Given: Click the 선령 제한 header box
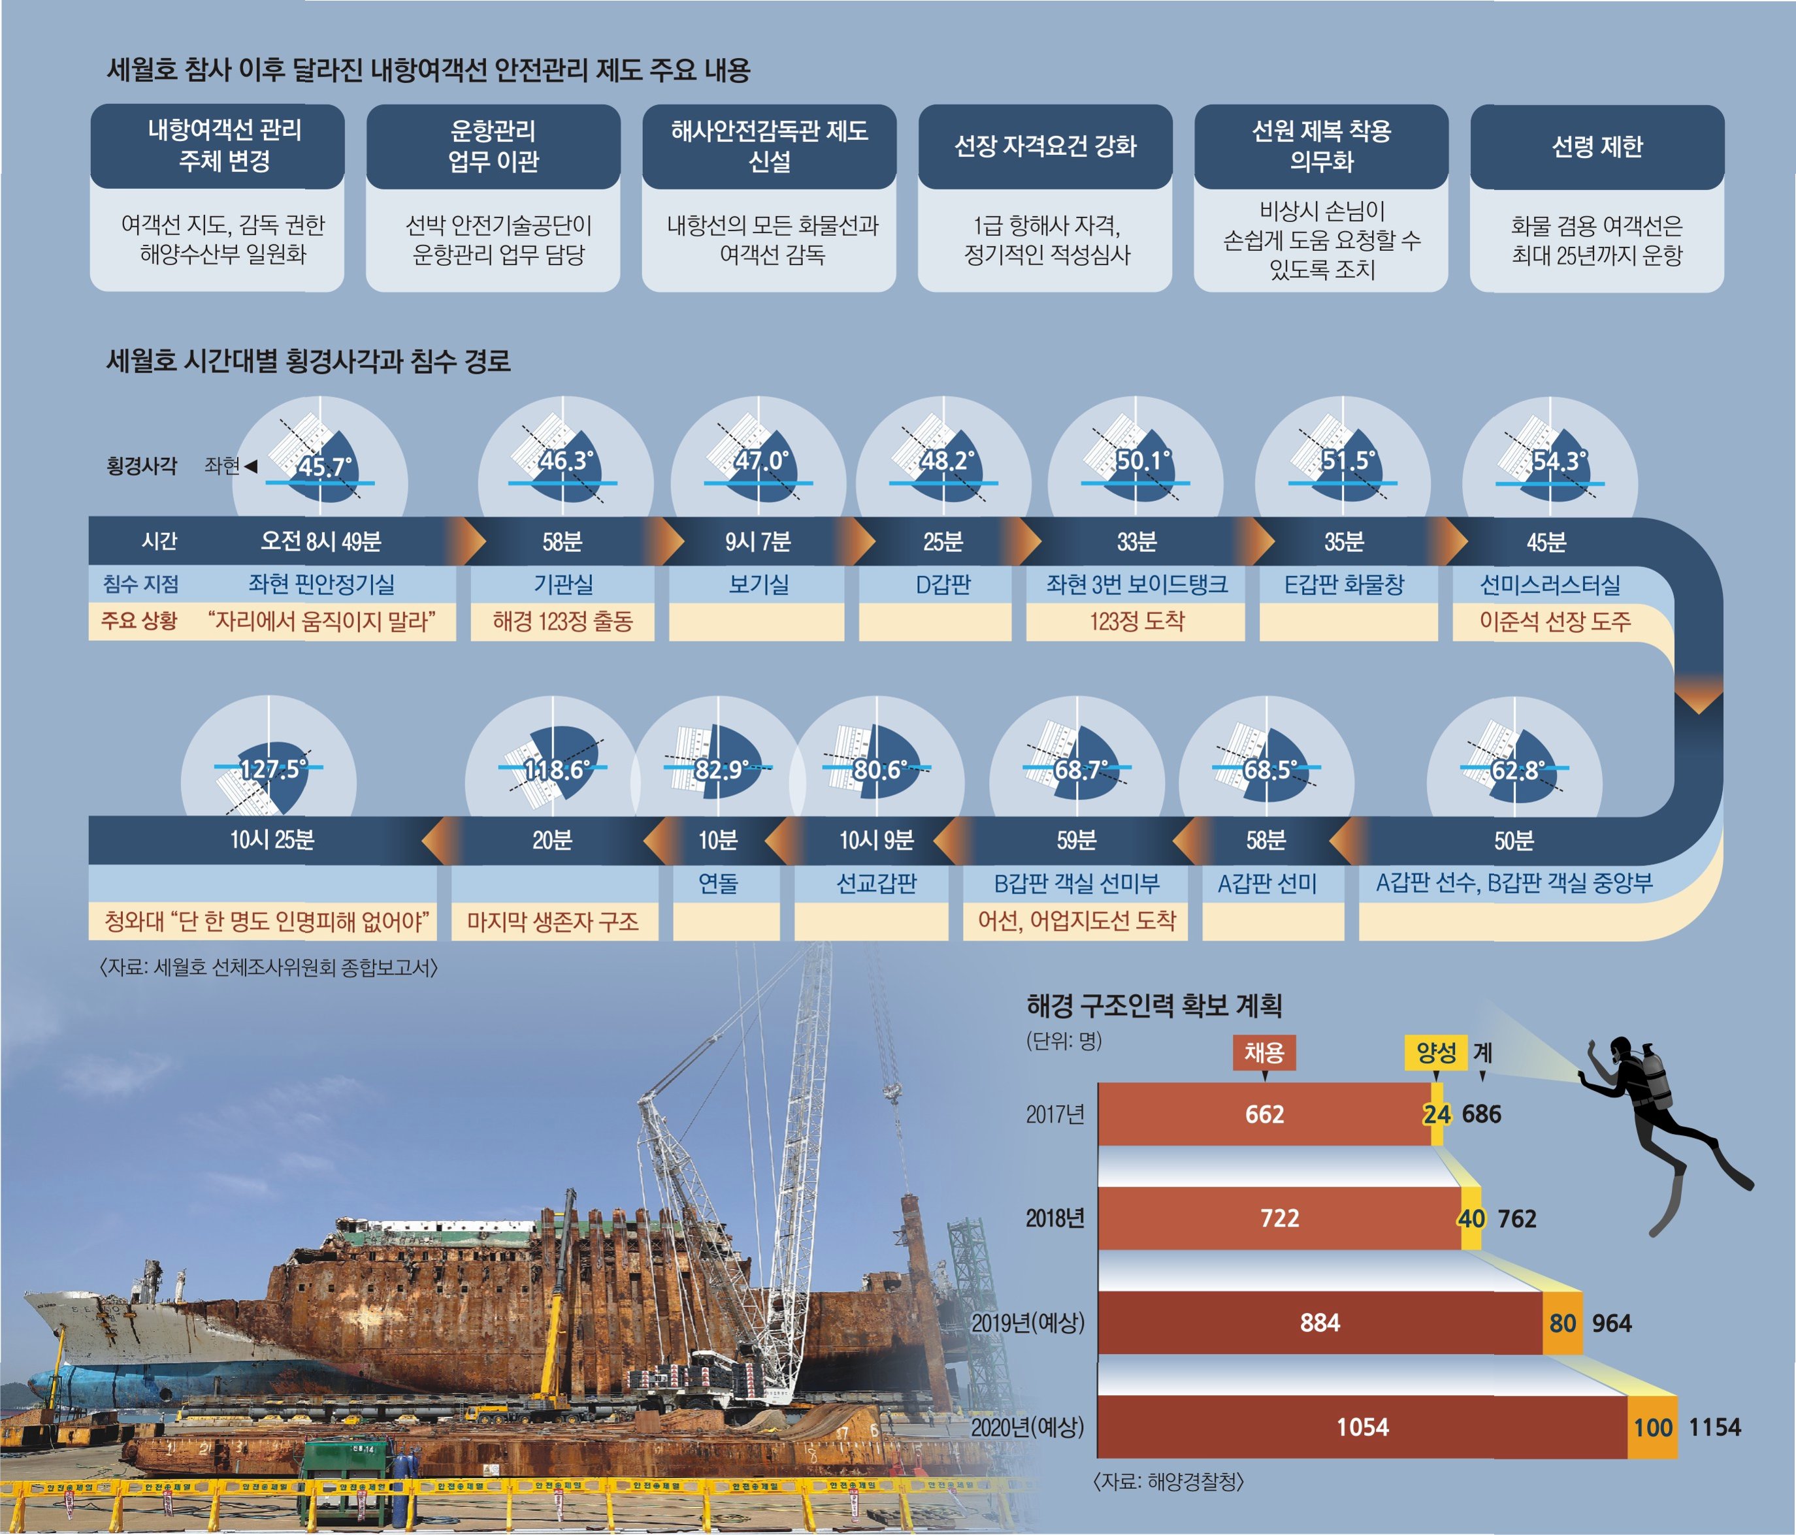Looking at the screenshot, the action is (1597, 146).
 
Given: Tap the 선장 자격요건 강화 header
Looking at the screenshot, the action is (1045, 146).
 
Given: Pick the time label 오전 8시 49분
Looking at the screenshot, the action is (321, 541).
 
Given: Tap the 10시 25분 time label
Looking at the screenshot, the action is (271, 840).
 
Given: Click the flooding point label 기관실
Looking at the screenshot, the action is (563, 584).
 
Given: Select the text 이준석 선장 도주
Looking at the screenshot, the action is (1554, 621).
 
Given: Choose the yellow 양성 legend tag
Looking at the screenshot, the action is (1435, 1053).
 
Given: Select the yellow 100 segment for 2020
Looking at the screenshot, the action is (1652, 1427).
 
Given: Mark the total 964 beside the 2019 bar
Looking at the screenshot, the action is (1611, 1323).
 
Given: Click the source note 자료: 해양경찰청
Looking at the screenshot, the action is (1168, 1481).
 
